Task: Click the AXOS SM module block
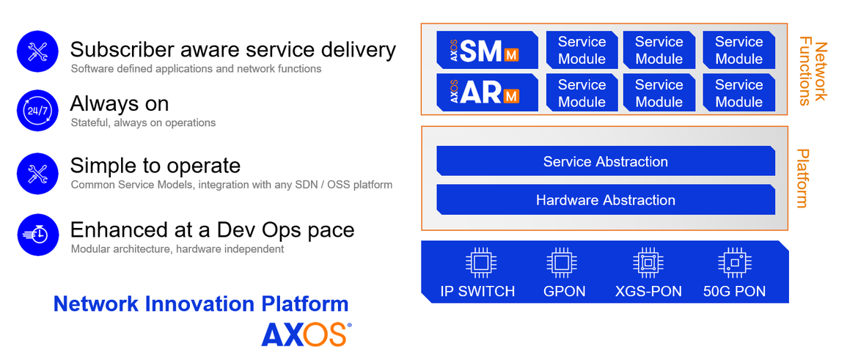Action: (x=487, y=50)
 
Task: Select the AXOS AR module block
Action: (x=487, y=92)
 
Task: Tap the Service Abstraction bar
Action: (x=606, y=161)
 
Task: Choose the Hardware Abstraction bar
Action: (x=606, y=199)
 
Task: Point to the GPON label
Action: (x=565, y=292)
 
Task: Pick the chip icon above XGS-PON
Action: (x=648, y=263)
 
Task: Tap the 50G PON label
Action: (x=734, y=292)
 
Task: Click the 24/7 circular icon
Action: (x=38, y=111)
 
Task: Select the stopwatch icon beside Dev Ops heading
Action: (x=38, y=235)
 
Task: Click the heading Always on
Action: (x=120, y=103)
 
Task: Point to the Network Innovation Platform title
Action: (x=201, y=304)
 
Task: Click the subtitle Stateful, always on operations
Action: (x=143, y=123)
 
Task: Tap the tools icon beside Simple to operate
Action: (x=38, y=173)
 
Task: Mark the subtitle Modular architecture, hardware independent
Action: (x=177, y=249)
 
